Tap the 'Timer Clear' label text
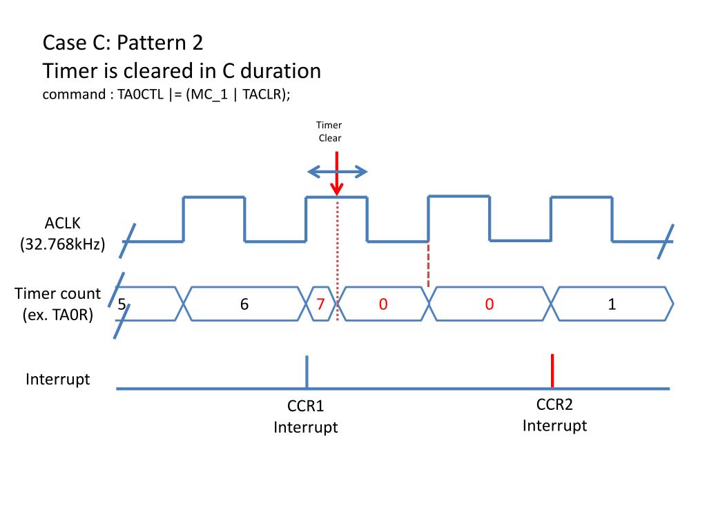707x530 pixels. (x=329, y=132)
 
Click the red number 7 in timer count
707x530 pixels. (x=320, y=304)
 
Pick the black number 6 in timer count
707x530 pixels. (x=244, y=304)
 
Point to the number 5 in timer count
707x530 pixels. (x=122, y=304)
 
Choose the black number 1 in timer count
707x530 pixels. (x=612, y=304)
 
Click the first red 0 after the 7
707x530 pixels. (x=382, y=304)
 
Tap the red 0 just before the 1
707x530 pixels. (x=489, y=304)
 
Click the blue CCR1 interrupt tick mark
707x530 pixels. (x=307, y=371)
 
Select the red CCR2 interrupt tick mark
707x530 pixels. (x=552, y=371)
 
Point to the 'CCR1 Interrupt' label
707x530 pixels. (x=306, y=417)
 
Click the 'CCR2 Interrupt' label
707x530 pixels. (x=554, y=415)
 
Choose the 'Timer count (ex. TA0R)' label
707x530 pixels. (x=58, y=304)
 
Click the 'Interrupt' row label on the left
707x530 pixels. (x=58, y=379)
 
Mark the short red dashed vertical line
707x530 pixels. (x=428, y=264)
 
